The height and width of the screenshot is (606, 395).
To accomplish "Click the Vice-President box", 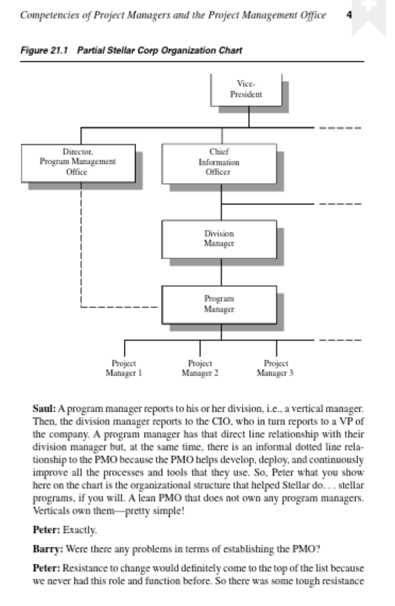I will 249,89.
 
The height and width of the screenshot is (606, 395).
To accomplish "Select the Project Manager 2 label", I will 199,368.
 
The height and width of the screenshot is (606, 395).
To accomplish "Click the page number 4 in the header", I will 348,15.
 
